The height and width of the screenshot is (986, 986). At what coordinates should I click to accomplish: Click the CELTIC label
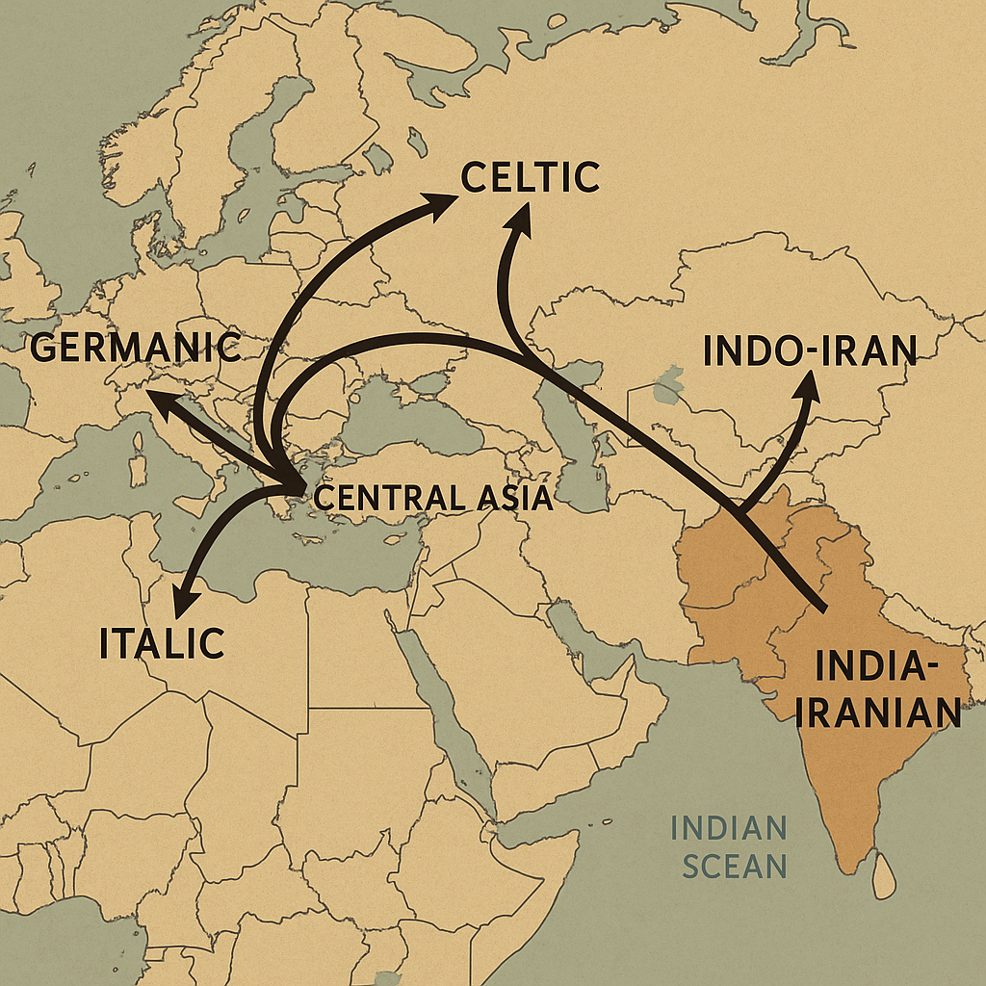(531, 177)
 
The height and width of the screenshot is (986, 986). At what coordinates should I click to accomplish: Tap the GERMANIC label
(135, 347)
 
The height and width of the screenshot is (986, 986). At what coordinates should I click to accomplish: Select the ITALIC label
(162, 643)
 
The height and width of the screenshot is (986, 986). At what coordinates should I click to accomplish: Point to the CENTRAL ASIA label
(433, 498)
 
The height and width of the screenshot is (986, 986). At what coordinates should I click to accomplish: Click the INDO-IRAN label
(810, 351)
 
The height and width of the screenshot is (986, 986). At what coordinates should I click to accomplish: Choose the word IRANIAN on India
(881, 712)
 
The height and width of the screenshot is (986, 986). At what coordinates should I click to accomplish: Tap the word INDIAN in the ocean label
(729, 827)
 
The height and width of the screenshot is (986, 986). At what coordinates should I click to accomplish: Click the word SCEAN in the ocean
(735, 865)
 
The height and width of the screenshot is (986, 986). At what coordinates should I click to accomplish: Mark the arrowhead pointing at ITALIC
(182, 603)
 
